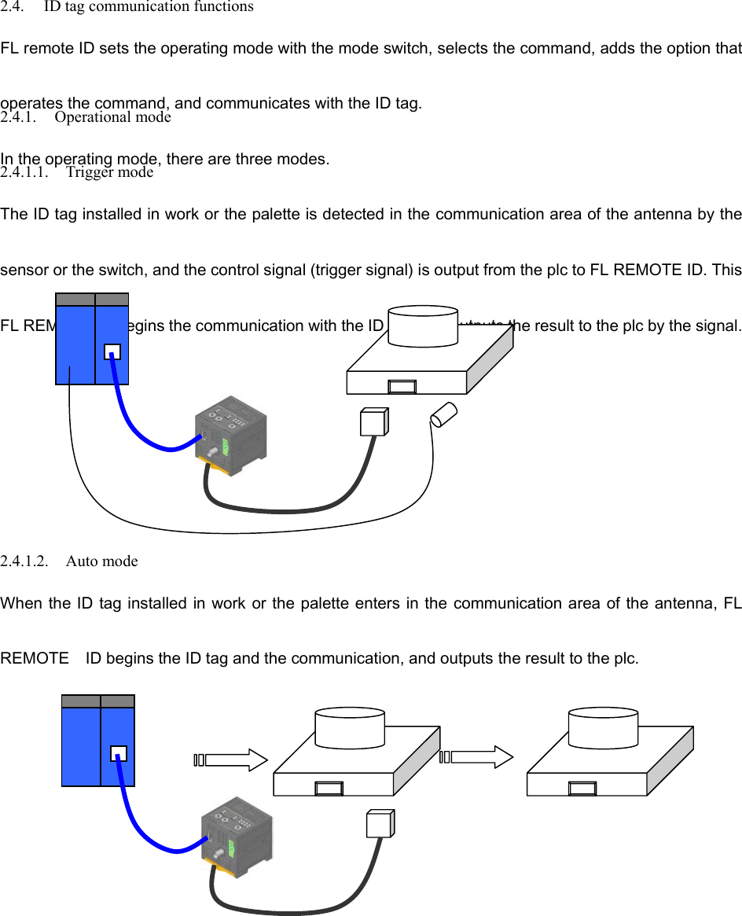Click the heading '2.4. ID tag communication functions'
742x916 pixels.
tap(127, 7)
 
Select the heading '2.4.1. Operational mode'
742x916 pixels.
tap(86, 117)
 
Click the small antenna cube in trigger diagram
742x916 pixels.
tap(373, 422)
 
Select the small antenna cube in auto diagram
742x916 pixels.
tap(380, 824)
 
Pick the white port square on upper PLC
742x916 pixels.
tap(112, 351)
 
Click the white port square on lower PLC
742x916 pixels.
tap(119, 753)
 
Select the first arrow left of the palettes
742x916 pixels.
tap(231, 760)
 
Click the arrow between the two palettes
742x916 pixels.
tap(477, 757)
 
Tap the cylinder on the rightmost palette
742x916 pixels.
tap(603, 727)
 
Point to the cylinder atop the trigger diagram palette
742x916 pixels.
tap(424, 326)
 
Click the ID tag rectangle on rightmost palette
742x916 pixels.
tap(582, 788)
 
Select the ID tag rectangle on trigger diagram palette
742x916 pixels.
tap(402, 386)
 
